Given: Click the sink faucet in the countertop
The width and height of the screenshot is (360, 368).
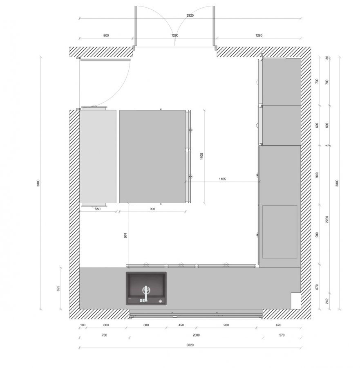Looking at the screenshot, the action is (146, 293).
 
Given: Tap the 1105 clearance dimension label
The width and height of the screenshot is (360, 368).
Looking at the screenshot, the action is (222, 179).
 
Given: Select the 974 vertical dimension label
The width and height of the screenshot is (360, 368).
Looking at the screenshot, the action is (125, 236).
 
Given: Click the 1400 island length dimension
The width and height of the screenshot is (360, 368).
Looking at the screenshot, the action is (202, 156).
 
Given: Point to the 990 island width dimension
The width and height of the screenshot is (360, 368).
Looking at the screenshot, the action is (152, 209).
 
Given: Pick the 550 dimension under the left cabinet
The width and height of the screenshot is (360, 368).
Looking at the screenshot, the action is (98, 209).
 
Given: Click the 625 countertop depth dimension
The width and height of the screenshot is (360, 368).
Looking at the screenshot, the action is (58, 288).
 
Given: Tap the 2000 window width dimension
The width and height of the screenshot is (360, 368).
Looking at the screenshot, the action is (196, 335).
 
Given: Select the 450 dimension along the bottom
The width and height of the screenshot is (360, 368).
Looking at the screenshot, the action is (181, 325).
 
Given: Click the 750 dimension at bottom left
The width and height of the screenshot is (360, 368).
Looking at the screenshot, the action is (104, 335).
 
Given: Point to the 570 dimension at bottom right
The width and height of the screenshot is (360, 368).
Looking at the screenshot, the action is (282, 335).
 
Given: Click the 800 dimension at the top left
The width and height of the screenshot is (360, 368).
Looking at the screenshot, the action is (106, 36).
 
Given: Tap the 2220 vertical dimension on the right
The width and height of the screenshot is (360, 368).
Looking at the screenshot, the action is (327, 220).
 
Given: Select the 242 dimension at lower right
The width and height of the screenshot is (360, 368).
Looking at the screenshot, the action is (327, 301).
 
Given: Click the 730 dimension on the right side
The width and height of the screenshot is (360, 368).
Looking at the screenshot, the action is (317, 81).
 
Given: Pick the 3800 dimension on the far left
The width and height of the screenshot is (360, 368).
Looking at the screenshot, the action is (38, 183).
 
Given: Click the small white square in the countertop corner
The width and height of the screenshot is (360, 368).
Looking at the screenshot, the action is (296, 301).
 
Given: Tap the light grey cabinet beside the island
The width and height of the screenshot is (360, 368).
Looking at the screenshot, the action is (98, 156).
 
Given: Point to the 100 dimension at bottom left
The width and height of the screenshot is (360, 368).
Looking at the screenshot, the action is (83, 325).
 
